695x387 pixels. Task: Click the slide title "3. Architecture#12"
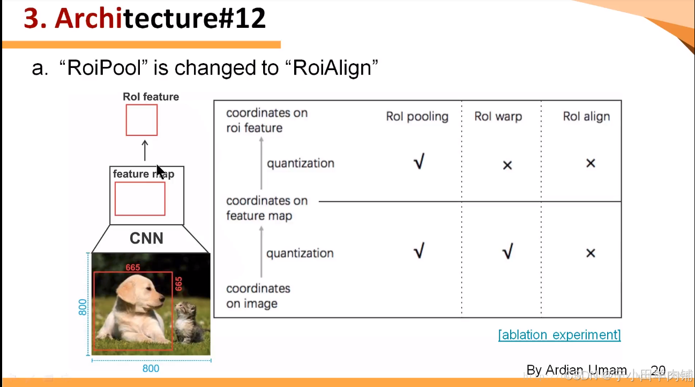pyautogui.click(x=145, y=19)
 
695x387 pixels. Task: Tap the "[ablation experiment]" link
pyautogui.click(x=559, y=335)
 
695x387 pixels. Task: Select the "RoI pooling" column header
pyautogui.click(x=417, y=117)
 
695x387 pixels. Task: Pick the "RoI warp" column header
pyautogui.click(x=498, y=117)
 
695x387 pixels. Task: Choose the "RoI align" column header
pyautogui.click(x=586, y=117)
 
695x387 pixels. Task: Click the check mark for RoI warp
pyautogui.click(x=507, y=251)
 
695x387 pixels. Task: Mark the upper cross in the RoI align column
pyautogui.click(x=591, y=163)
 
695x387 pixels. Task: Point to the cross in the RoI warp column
pyautogui.click(x=507, y=165)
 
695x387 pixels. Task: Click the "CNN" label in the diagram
pyautogui.click(x=146, y=238)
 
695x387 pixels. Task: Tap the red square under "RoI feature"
pyautogui.click(x=141, y=120)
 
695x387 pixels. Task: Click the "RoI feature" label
pyautogui.click(x=151, y=97)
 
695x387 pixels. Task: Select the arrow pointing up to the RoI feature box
pyautogui.click(x=145, y=150)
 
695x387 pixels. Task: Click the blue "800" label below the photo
pyautogui.click(x=150, y=369)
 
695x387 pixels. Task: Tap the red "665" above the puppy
pyautogui.click(x=133, y=268)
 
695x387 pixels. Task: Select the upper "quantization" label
pyautogui.click(x=300, y=163)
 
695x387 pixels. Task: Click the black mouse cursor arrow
pyautogui.click(x=160, y=172)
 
